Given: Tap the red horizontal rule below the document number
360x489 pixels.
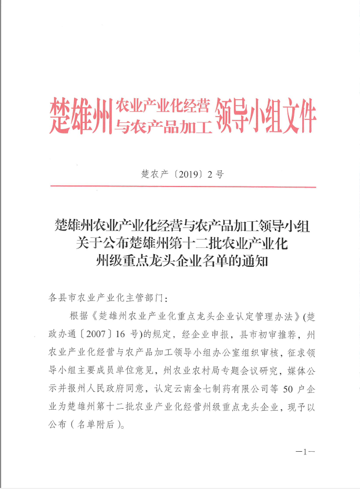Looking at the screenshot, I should pos(182,186).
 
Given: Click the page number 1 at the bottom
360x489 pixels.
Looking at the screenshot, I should pos(304,451).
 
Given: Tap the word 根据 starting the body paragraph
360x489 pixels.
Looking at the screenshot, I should pos(77,316).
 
